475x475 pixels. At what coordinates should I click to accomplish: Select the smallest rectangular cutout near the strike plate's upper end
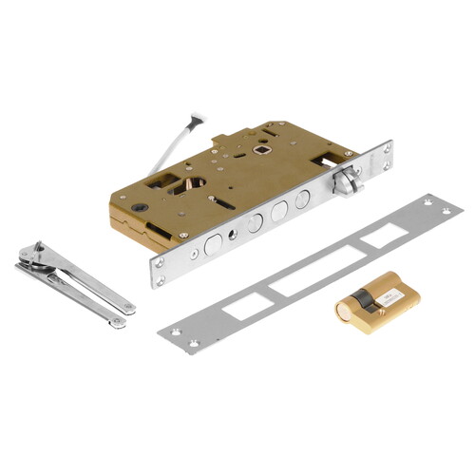pyautogui.click(x=385, y=236)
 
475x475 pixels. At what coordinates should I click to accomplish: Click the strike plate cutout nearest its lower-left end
pyautogui.click(x=239, y=305)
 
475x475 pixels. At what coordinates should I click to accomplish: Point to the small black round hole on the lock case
pyautogui.click(x=142, y=208)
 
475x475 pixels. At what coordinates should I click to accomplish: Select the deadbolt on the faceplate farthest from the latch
pyautogui.click(x=213, y=244)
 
